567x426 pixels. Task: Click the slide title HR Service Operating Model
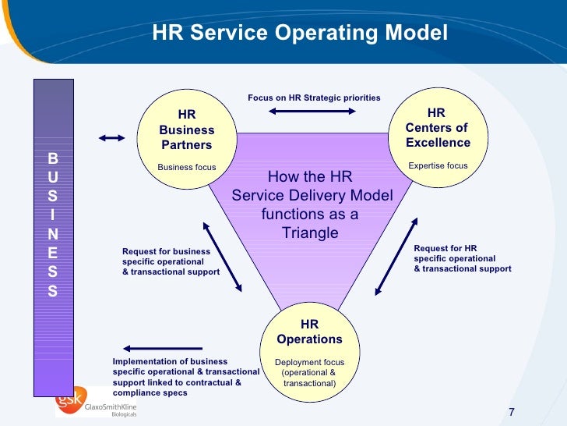tap(300, 34)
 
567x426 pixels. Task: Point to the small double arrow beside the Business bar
tap(112, 138)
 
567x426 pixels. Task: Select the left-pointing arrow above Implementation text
tap(164, 348)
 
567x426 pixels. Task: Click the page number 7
tap(512, 412)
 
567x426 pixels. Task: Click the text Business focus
tap(187, 167)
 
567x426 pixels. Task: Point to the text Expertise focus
tap(438, 165)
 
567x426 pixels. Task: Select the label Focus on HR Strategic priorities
tap(314, 98)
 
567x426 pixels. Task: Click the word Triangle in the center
tap(310, 233)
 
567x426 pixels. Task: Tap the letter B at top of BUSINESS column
tap(53, 158)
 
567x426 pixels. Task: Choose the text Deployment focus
tap(309, 363)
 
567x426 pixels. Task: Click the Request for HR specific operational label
tap(462, 258)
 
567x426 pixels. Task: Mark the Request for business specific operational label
tap(171, 261)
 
